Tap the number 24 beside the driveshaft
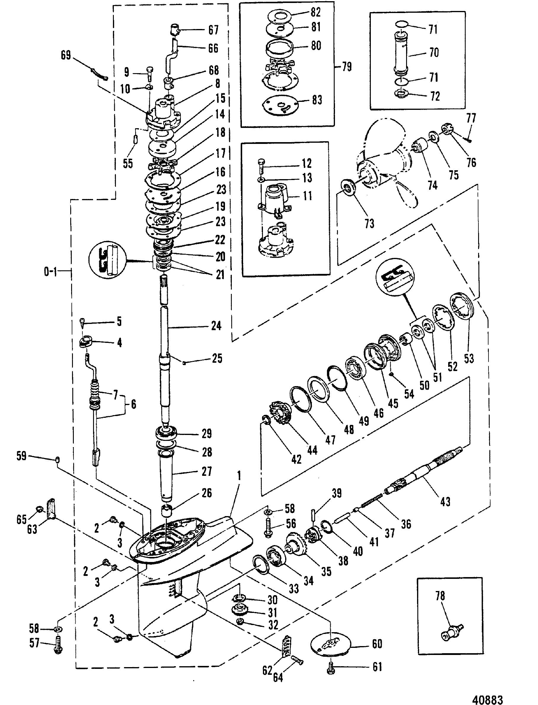tap(216, 326)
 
